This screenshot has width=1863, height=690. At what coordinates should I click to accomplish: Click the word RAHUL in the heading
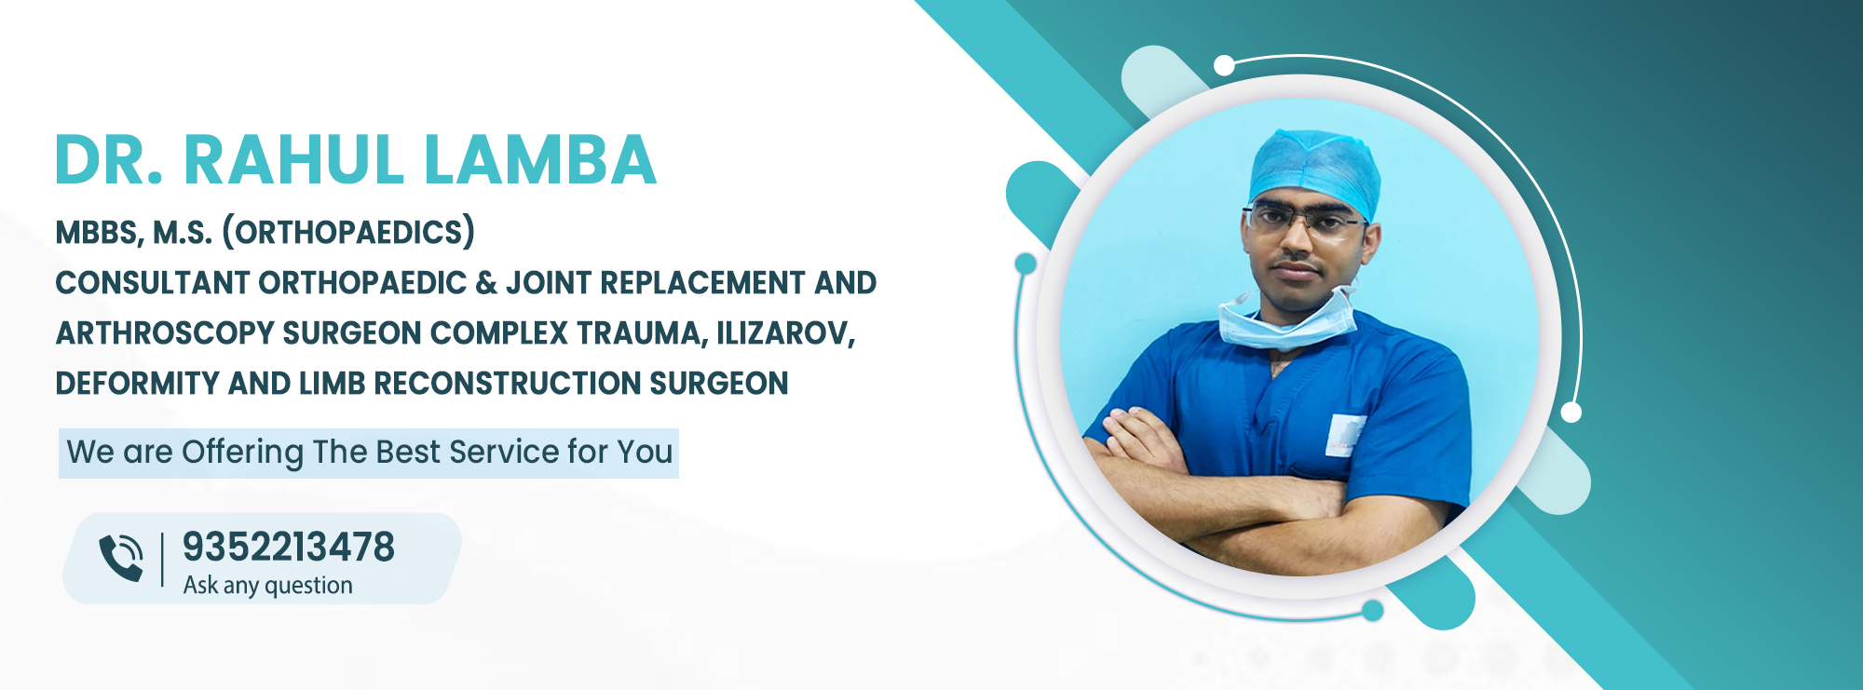click(293, 160)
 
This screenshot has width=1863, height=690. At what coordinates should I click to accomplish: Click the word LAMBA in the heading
click(540, 160)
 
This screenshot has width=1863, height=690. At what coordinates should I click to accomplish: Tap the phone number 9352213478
click(289, 547)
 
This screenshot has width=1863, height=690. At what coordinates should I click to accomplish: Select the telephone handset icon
click(121, 558)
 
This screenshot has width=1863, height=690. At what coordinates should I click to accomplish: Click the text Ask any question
click(268, 586)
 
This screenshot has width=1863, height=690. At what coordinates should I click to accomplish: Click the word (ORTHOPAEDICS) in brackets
click(348, 232)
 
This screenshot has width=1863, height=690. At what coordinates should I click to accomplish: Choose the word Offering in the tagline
click(243, 453)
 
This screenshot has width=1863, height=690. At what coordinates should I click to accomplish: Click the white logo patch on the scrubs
click(1345, 436)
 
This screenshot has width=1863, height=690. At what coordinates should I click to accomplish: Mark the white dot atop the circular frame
click(1225, 65)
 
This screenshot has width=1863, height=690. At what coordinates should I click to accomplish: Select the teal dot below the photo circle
click(1372, 611)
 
